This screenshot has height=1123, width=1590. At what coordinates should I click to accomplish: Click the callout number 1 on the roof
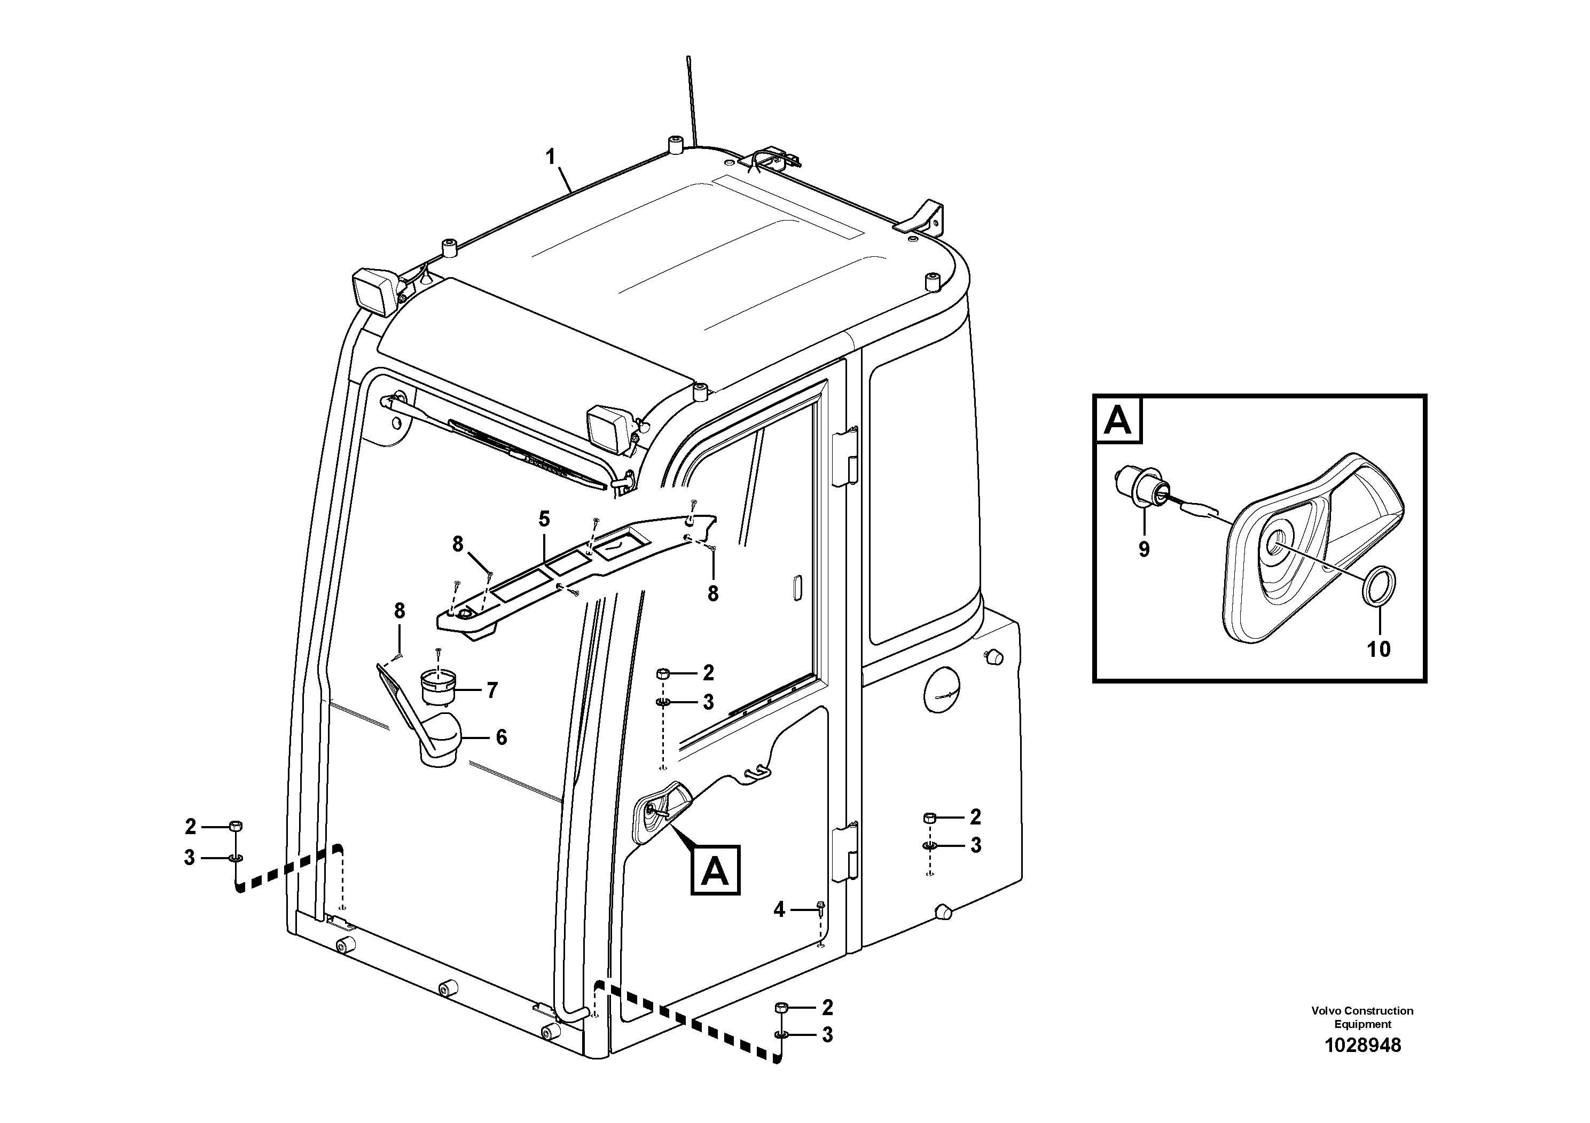[x=551, y=157]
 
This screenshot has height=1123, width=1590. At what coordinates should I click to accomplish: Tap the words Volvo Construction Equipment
[x=1362, y=1017]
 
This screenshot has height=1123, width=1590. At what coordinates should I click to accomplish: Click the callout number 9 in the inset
[x=1143, y=549]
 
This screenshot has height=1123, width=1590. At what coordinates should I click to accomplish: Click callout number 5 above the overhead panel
[x=544, y=519]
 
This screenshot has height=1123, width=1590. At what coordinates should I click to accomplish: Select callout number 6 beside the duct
[x=500, y=737]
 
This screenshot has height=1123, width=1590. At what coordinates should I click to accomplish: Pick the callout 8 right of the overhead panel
[x=712, y=593]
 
